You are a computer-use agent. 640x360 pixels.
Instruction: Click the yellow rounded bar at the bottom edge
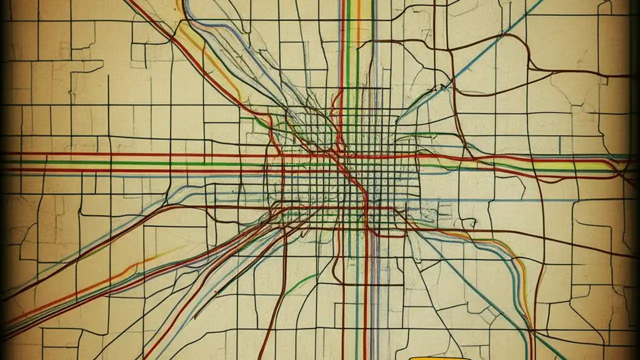pyautogui.click(x=440, y=358)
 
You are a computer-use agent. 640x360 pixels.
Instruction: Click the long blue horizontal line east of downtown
pyautogui.click(x=500, y=200)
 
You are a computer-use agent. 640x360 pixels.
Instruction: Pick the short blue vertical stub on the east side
pyautogui.click(x=559, y=145)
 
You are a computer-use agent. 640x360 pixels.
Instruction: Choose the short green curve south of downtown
pyautogui.click(x=300, y=282)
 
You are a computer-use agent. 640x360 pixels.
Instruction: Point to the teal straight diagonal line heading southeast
pyautogui.click(x=475, y=290)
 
